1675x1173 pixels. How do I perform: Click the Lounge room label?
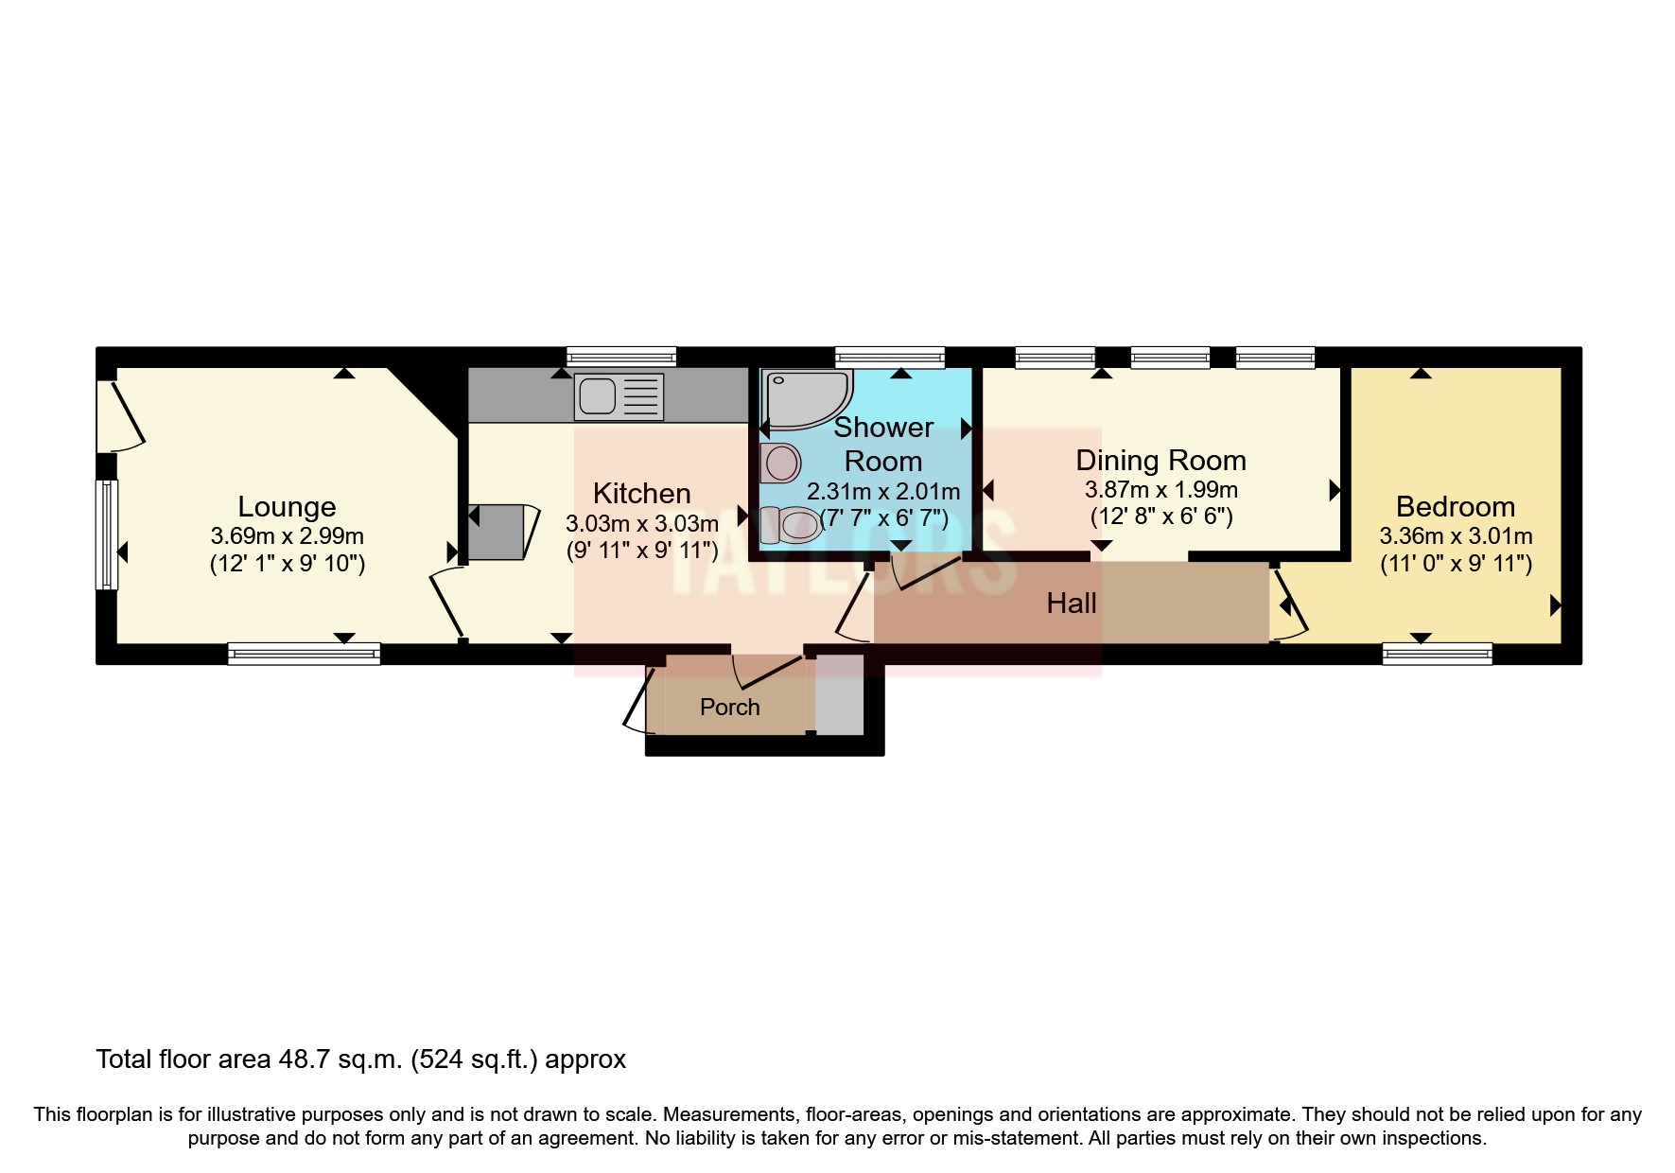(x=287, y=507)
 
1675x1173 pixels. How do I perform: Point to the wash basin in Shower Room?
(x=780, y=464)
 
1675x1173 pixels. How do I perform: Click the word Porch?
(x=729, y=707)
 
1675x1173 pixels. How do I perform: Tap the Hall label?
(x=1071, y=604)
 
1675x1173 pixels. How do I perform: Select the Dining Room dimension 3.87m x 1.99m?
(x=1160, y=490)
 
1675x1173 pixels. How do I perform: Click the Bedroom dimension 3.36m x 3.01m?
(x=1456, y=536)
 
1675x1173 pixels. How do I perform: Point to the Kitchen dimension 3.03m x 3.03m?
(x=641, y=523)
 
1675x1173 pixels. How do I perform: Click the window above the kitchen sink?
(x=621, y=357)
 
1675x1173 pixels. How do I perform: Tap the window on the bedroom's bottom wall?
(x=1437, y=653)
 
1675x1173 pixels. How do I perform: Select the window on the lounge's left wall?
(x=109, y=534)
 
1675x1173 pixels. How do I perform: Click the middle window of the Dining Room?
(x=1170, y=357)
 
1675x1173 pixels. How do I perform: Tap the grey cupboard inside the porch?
(x=839, y=694)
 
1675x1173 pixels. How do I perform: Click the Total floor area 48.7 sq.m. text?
(x=360, y=1059)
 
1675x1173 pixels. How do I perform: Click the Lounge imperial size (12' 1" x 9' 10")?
(x=287, y=565)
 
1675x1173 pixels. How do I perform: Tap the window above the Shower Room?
(x=890, y=357)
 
